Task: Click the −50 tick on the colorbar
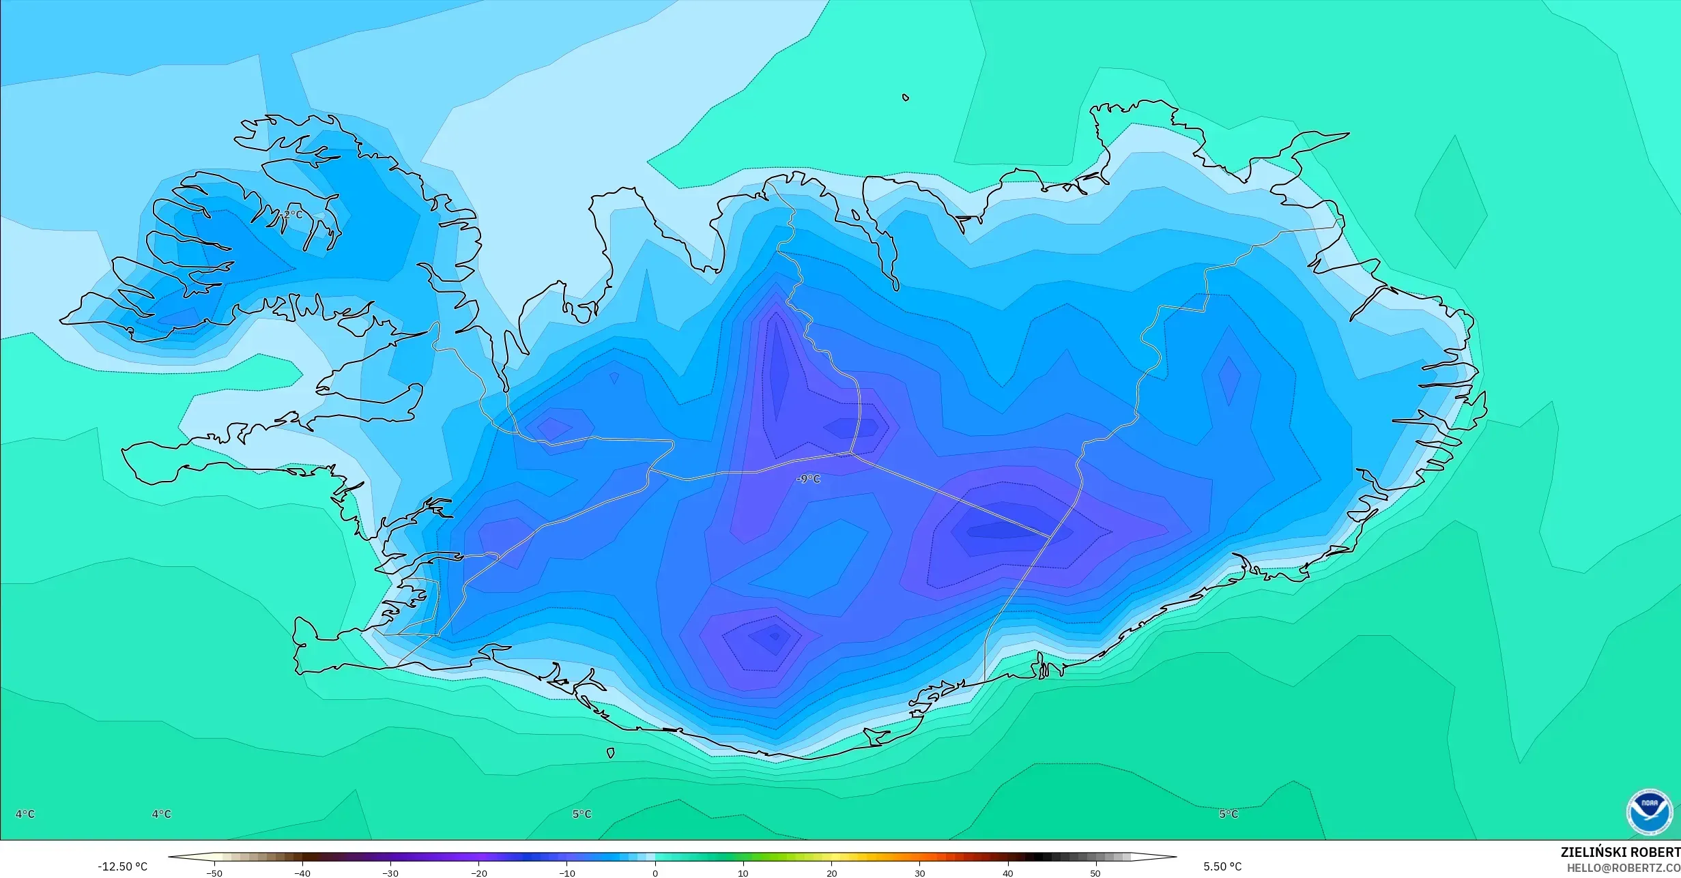[x=214, y=873]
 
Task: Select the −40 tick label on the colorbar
[x=302, y=873]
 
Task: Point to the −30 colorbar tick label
[x=390, y=873]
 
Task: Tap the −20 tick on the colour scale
[x=478, y=873]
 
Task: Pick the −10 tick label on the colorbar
[x=566, y=873]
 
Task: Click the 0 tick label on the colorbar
[x=655, y=873]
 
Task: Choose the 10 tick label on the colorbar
[x=743, y=873]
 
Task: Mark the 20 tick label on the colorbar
[x=831, y=873]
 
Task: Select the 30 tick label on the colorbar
[x=919, y=873]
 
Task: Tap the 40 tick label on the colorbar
[x=1007, y=873]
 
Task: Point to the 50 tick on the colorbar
[x=1095, y=873]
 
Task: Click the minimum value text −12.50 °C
[x=122, y=866]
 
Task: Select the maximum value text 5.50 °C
[x=1222, y=866]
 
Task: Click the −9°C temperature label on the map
[x=809, y=479]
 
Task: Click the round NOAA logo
[x=1649, y=812]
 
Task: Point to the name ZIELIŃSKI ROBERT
[x=1620, y=852]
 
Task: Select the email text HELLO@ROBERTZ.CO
[x=1623, y=868]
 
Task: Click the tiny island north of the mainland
[x=906, y=98]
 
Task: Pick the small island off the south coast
[x=611, y=753]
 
